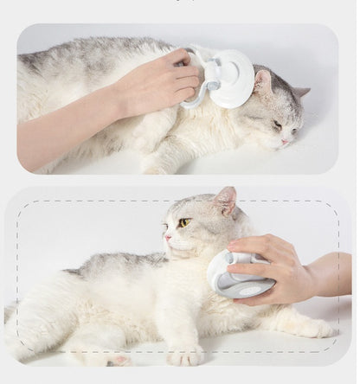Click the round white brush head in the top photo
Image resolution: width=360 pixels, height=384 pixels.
[232, 80]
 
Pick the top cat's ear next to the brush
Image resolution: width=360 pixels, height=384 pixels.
[262, 82]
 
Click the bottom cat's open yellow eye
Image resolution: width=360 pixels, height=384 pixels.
[183, 222]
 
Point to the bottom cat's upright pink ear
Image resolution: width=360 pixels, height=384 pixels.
[225, 201]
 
